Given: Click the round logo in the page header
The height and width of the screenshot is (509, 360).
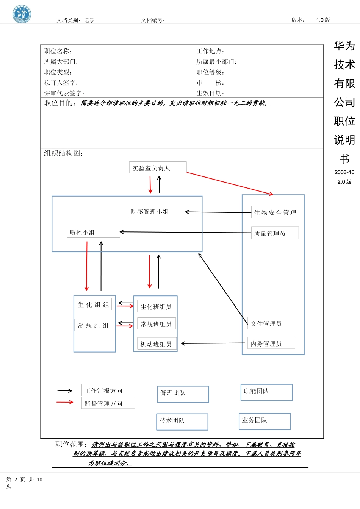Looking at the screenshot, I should coord(22,14).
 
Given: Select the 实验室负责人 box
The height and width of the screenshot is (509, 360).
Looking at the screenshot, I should coord(158,168).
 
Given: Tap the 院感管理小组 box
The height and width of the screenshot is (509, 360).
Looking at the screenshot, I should coord(156,211).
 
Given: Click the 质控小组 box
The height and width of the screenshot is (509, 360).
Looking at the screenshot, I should coord(93,232).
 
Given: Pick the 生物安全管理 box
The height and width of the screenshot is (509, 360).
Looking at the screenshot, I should coord(275,212).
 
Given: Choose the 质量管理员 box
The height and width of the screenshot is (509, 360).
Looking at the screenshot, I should coord(275,233).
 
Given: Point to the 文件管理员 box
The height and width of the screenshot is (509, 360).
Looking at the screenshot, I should coord(271,323).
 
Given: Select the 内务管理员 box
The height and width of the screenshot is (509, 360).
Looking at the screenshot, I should coord(271,343).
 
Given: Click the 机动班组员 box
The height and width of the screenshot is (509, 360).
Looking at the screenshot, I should coord(157,344).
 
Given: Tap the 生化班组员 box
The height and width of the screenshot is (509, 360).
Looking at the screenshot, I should coord(156,306).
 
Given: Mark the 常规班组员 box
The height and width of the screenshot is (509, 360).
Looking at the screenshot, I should coord(156,324).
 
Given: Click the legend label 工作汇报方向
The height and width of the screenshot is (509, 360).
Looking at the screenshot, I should coord(108,390).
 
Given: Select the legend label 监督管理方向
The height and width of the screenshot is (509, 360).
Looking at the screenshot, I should coord(108,403).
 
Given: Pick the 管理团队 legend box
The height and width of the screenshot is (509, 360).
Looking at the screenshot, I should coord(183,394).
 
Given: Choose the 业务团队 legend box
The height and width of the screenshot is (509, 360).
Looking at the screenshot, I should coord(265,421).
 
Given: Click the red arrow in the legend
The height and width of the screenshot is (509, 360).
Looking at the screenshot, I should coord(65,402).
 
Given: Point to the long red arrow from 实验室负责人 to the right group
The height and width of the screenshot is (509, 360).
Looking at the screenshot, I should coord(230,184).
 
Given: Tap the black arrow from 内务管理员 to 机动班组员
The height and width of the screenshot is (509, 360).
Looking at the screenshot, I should coord(213,343).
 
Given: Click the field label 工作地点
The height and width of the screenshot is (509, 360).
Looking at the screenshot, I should coord(210,51).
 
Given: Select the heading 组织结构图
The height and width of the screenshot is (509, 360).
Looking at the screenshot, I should coord(64,153).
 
